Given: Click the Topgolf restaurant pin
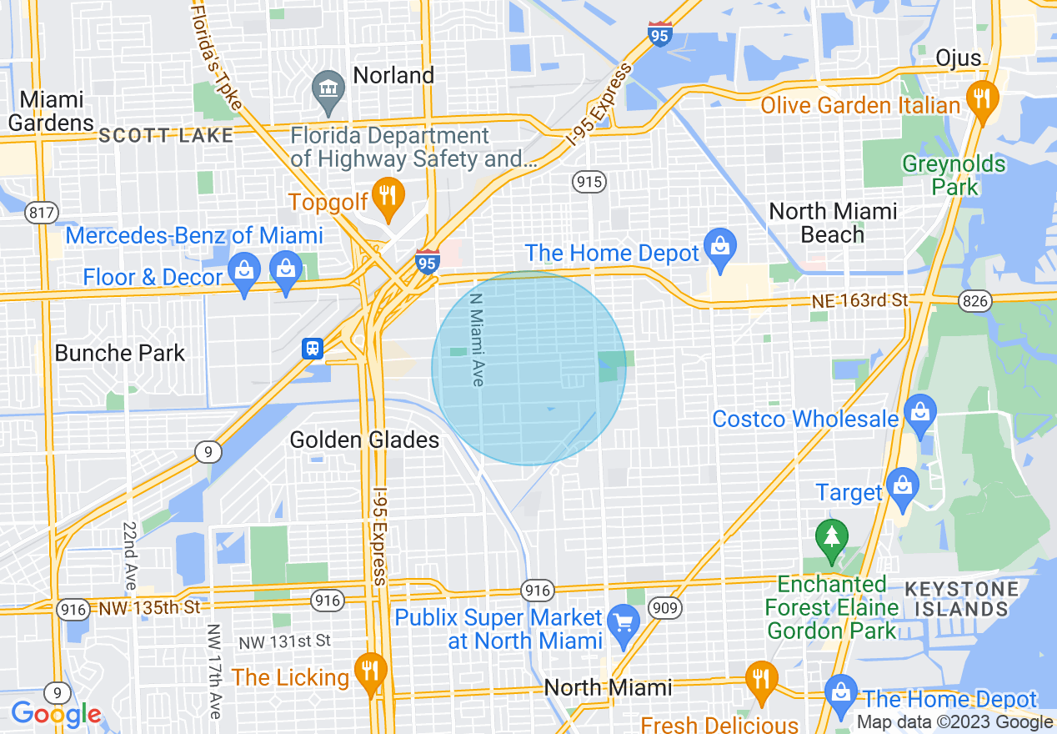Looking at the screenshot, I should click(x=387, y=197).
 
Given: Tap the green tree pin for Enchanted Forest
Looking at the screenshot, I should click(x=831, y=539).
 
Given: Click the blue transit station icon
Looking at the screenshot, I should click(x=313, y=348).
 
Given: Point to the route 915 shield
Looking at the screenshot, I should click(x=589, y=181).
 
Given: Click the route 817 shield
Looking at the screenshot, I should click(x=41, y=212).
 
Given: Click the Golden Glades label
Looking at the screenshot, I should click(x=364, y=440).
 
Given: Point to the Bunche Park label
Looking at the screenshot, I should click(x=120, y=353).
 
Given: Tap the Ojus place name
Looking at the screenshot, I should click(x=958, y=57).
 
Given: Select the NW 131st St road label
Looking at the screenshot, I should click(x=284, y=641).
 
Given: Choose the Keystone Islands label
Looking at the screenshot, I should click(x=960, y=599).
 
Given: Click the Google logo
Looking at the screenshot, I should click(x=56, y=714).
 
